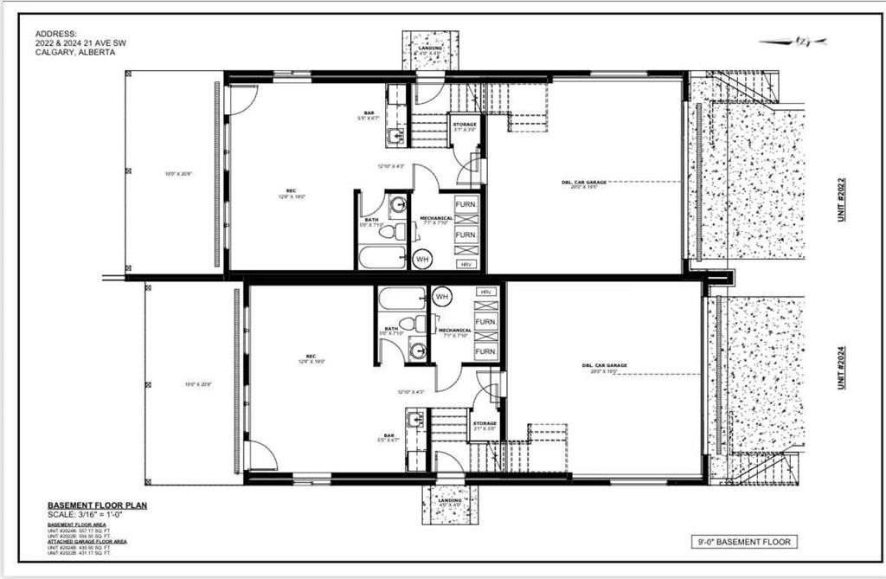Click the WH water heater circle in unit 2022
pos(422,257)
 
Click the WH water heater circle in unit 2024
pos(442,297)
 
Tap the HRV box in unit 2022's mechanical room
pos(465,263)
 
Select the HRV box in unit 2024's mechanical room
pos(485,293)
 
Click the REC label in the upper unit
pos(292,191)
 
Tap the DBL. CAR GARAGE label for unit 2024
pos(604,365)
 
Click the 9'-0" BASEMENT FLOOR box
pos(743,542)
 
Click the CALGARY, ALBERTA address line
pos(74,52)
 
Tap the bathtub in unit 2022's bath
pos(382,256)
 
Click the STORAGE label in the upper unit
pos(464,125)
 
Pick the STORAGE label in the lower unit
pos(485,423)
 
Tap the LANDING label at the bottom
pos(449,500)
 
